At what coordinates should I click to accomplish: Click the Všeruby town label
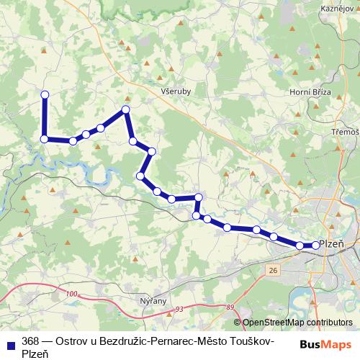click(176, 91)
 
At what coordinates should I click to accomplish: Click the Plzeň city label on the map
click(332, 244)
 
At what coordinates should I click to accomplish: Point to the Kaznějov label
click(337, 6)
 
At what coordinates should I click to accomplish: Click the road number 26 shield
click(272, 269)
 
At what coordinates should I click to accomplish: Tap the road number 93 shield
click(179, 308)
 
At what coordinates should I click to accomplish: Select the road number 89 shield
click(229, 307)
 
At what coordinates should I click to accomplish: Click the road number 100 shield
click(70, 294)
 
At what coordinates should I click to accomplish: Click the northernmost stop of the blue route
click(45, 94)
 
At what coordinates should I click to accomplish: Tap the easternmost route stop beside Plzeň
click(315, 246)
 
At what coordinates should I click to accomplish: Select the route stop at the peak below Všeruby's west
click(126, 109)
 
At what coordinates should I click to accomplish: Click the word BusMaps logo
click(326, 344)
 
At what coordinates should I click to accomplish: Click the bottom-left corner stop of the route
click(45, 139)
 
